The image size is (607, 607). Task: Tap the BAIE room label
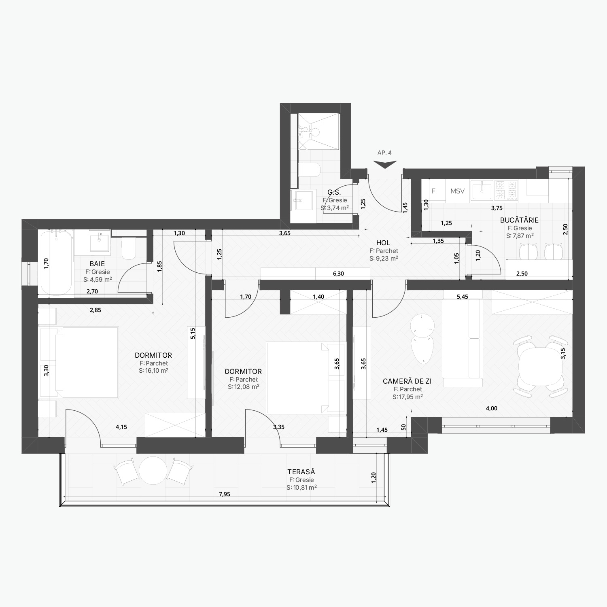click(x=97, y=264)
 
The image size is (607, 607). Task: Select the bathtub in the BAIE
click(x=56, y=263)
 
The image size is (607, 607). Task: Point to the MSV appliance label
click(x=458, y=191)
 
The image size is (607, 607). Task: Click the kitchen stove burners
click(x=506, y=191)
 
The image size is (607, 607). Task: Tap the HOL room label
click(x=383, y=243)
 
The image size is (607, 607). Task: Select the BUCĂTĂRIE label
click(x=519, y=220)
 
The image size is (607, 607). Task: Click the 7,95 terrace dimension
click(x=224, y=494)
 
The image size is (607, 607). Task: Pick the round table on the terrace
click(x=153, y=470)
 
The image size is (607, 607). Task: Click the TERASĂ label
click(x=301, y=472)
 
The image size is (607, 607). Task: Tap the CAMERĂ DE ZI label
click(x=407, y=381)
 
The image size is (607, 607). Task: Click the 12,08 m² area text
click(x=244, y=387)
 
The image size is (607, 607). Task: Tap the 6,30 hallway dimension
click(x=338, y=274)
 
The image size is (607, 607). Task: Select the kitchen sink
click(x=482, y=191)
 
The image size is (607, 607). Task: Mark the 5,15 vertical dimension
click(x=193, y=333)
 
